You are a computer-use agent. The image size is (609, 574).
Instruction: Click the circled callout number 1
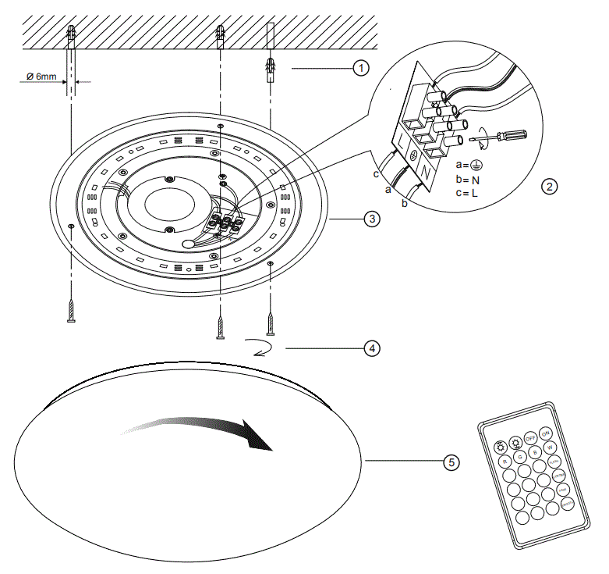tap(360, 69)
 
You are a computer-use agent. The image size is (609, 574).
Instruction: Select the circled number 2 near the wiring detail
tap(550, 187)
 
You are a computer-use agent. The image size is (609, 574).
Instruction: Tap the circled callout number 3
tap(373, 219)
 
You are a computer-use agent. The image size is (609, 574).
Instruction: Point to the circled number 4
tap(373, 348)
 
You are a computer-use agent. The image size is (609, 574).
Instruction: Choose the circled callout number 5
tap(451, 462)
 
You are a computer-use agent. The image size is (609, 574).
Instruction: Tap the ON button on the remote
tap(546, 433)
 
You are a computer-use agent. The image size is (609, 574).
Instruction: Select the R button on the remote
tap(505, 462)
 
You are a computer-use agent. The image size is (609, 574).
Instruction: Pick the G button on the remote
tap(520, 457)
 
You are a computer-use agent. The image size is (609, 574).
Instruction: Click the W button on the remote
tap(550, 447)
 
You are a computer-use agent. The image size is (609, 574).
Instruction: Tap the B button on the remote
tap(535, 452)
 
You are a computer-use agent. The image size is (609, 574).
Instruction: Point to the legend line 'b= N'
tap(468, 179)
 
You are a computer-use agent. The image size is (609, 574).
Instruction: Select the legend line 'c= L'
tap(467, 191)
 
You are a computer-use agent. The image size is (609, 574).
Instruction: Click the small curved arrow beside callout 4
tap(264, 347)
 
